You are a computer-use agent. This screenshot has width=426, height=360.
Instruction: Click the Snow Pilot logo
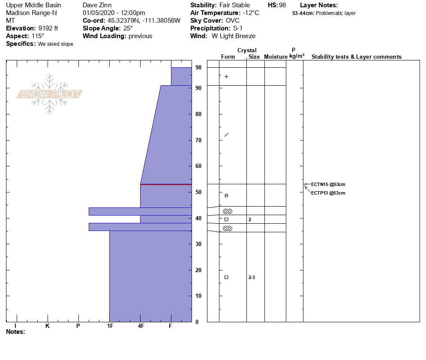[x=49, y=94]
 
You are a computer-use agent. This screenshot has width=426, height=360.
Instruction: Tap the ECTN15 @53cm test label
[x=328, y=184]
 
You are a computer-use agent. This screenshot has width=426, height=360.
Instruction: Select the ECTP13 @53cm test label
[x=328, y=193]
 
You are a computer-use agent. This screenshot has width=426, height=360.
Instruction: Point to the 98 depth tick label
[x=198, y=67]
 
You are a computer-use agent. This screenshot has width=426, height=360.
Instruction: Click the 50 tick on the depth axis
[x=198, y=192]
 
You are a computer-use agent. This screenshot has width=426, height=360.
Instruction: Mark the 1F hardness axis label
[x=110, y=326]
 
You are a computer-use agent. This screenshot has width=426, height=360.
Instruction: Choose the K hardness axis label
[x=48, y=326]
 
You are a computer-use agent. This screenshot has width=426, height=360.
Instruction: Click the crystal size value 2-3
[x=252, y=277]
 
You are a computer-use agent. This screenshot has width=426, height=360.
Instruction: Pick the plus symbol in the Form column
[x=226, y=77]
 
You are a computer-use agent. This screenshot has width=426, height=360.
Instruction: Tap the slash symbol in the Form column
[x=226, y=135]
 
